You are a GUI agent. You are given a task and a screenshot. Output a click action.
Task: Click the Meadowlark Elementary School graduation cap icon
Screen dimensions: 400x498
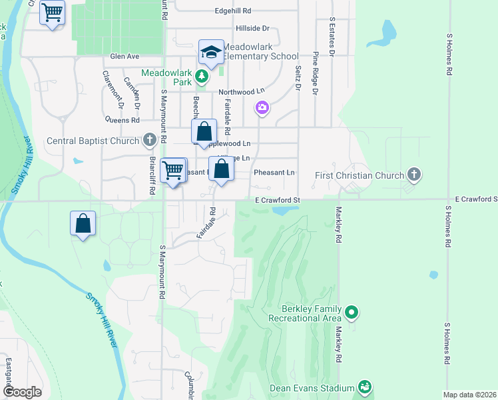pyautogui.click(x=211, y=53)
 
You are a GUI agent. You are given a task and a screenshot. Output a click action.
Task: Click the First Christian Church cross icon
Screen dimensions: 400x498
pyautogui.click(x=414, y=175)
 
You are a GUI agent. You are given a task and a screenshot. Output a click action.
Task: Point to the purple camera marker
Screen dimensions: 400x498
pyautogui.click(x=262, y=107)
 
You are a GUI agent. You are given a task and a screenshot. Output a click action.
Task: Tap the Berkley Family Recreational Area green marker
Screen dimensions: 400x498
pyautogui.click(x=352, y=311)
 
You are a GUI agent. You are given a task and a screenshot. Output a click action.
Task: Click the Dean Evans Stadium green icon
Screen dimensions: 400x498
pyautogui.click(x=364, y=387)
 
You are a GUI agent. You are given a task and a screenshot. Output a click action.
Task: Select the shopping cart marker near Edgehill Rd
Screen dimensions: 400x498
pyautogui.click(x=52, y=11)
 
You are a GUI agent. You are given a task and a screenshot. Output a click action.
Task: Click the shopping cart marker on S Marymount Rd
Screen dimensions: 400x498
pyautogui.click(x=173, y=170)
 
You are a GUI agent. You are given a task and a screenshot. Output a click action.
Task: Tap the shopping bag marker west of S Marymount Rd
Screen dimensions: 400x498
pyautogui.click(x=83, y=223)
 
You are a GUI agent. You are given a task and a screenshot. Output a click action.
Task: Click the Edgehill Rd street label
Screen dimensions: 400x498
pyautogui.click(x=232, y=11)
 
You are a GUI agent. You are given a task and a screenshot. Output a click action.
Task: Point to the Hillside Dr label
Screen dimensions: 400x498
pyautogui.click(x=252, y=29)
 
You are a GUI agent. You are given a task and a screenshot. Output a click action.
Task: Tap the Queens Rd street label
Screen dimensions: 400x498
pyautogui.click(x=122, y=121)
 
